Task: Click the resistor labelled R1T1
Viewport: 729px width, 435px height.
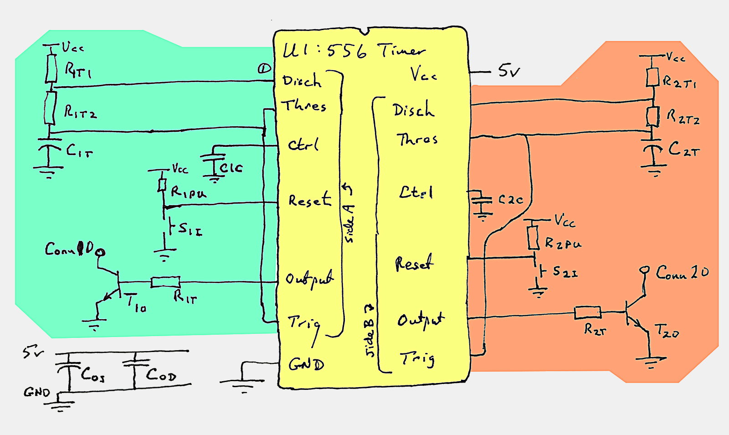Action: (x=51, y=69)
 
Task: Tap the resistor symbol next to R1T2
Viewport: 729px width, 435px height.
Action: (x=50, y=108)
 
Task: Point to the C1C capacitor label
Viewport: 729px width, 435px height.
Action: (x=231, y=168)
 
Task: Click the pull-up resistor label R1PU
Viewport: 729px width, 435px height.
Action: (x=188, y=193)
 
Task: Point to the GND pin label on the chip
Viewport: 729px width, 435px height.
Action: (x=306, y=365)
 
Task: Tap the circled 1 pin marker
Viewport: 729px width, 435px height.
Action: (x=264, y=69)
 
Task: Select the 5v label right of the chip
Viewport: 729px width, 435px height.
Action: (x=509, y=71)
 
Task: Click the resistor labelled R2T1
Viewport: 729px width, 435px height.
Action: (x=652, y=77)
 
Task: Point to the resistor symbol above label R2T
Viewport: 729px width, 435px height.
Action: (x=587, y=312)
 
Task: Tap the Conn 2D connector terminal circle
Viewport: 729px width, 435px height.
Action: (x=644, y=270)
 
